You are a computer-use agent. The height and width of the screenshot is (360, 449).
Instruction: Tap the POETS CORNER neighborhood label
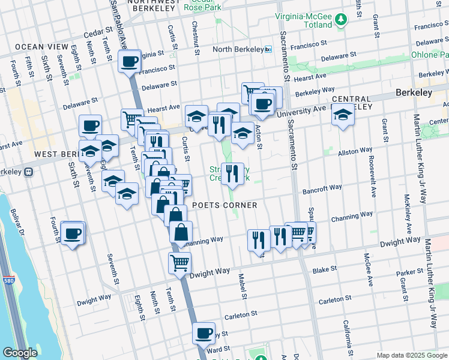(x=224, y=205)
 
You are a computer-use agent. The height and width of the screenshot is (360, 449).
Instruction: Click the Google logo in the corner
(x=20, y=353)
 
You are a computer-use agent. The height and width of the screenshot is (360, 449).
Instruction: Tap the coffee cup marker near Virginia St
(x=130, y=61)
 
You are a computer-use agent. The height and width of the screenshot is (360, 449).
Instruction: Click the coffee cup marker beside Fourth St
(x=73, y=233)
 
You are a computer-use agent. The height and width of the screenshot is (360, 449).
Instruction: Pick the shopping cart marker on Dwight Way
(x=180, y=262)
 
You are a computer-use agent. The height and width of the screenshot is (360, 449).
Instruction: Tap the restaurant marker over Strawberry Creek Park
(x=232, y=173)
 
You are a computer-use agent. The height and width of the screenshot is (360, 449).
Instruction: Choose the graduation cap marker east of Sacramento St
(x=343, y=115)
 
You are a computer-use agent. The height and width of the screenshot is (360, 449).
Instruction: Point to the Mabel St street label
(x=243, y=286)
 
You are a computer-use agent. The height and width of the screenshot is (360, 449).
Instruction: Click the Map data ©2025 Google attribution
(x=411, y=355)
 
